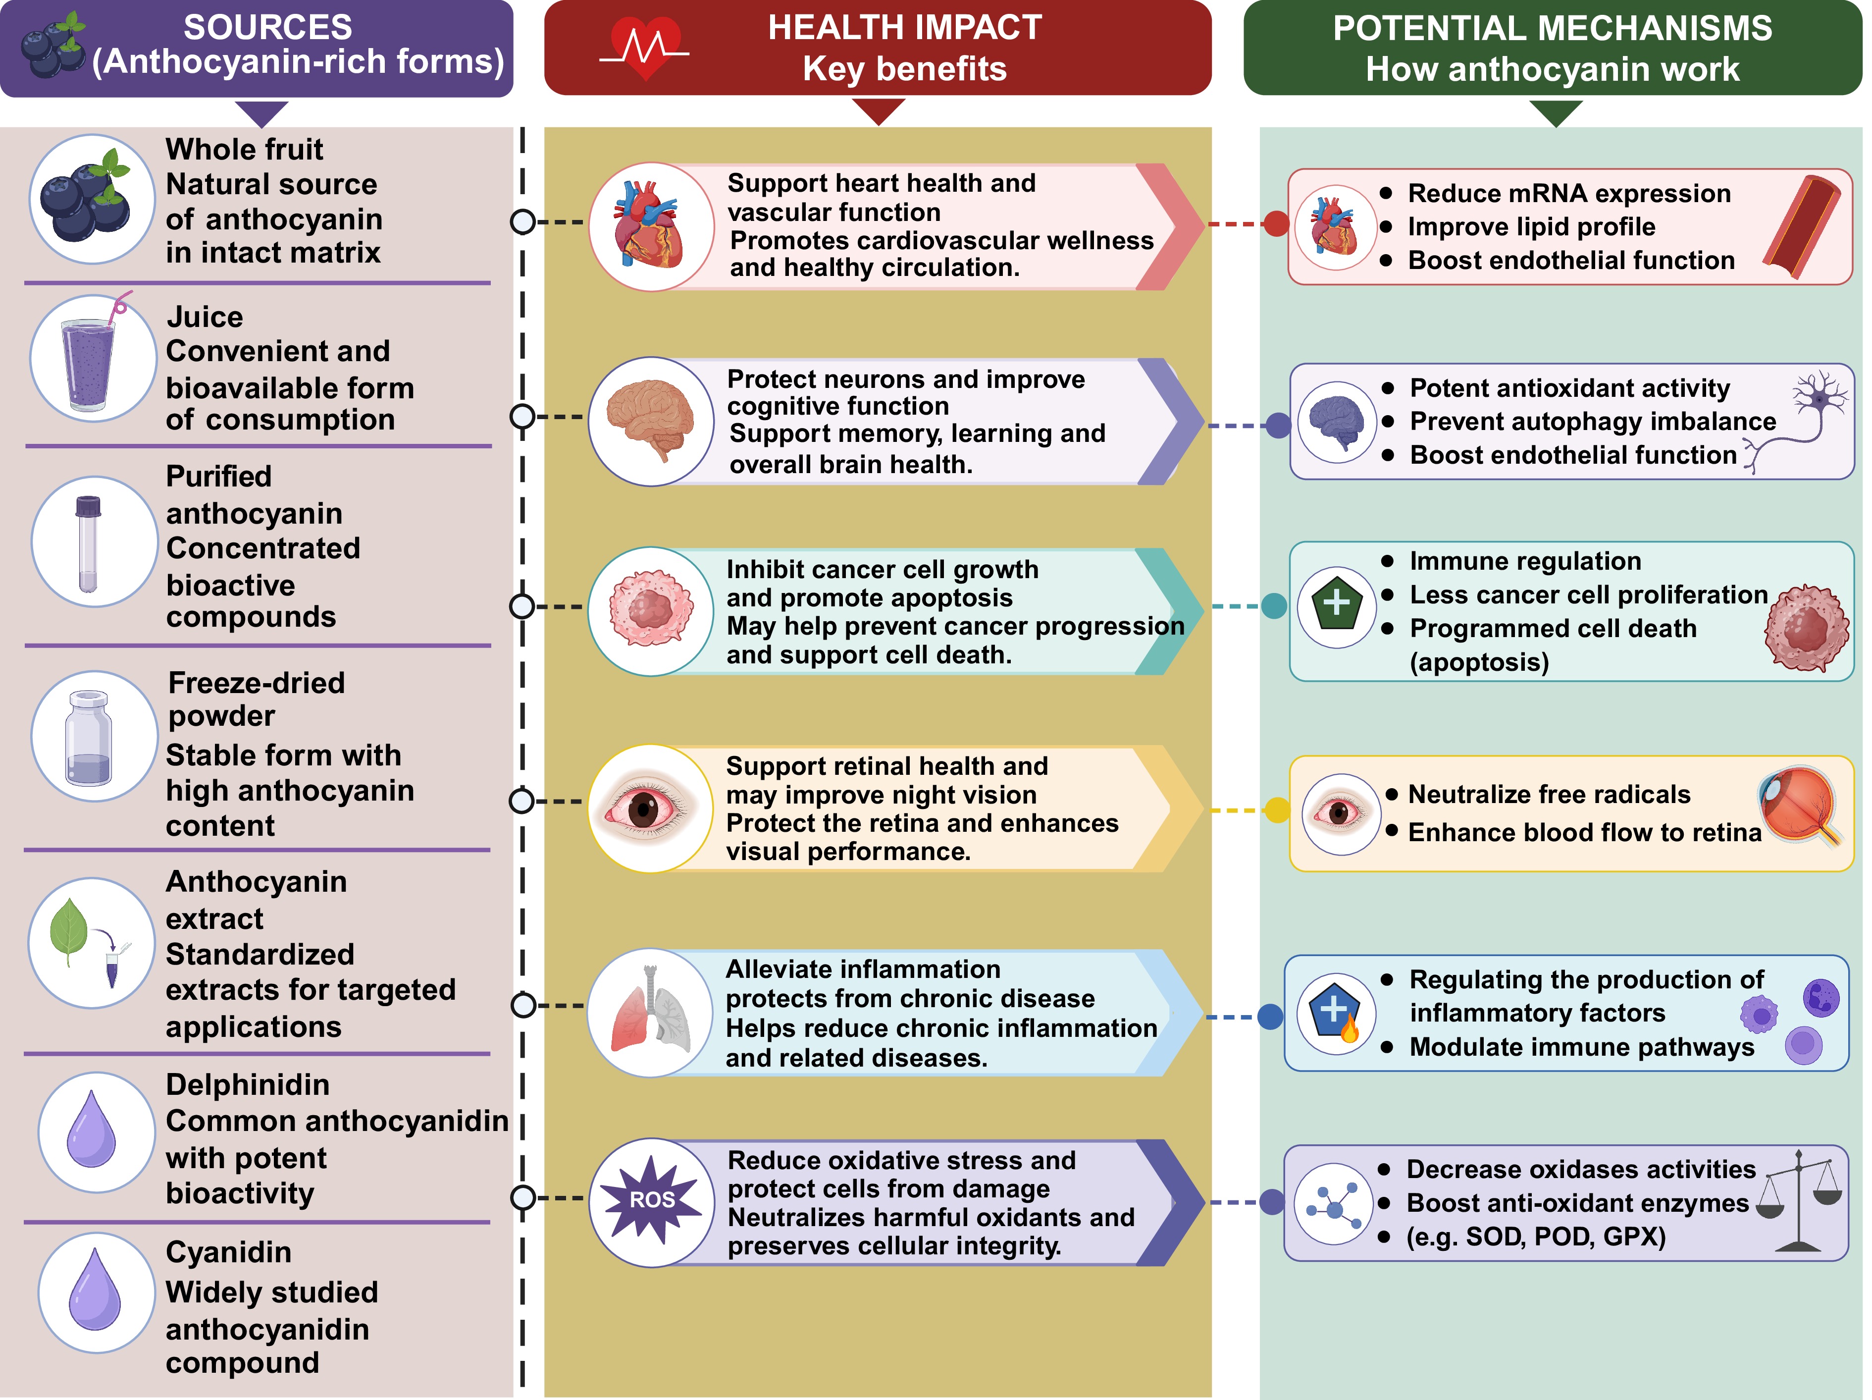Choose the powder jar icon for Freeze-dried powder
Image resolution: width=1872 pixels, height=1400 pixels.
pyautogui.click(x=89, y=738)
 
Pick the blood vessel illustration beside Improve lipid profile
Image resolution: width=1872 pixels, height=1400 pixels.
pyautogui.click(x=1803, y=226)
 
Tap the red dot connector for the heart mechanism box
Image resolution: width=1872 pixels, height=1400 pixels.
pyautogui.click(x=1276, y=224)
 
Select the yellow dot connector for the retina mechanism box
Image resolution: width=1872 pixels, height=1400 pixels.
pyautogui.click(x=1277, y=810)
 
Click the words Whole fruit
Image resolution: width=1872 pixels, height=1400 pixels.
pyautogui.click(x=244, y=149)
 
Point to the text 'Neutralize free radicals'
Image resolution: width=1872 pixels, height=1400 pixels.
pyautogui.click(x=1549, y=794)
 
